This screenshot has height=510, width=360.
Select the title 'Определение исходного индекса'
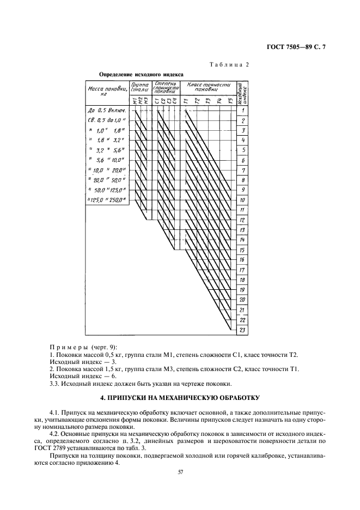point(141,74)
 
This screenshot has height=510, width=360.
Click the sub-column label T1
point(185,101)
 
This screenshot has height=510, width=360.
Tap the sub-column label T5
point(230,101)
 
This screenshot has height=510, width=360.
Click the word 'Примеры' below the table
point(67,347)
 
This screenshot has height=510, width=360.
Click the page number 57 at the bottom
point(180,472)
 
